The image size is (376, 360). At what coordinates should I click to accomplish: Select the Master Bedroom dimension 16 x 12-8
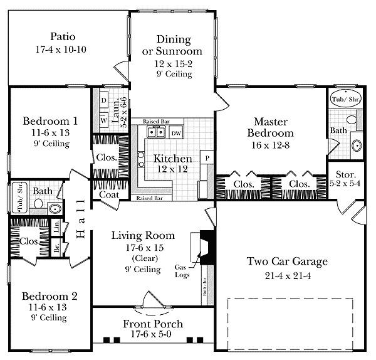(x=274, y=146)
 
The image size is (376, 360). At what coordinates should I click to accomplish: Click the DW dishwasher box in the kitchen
(x=176, y=133)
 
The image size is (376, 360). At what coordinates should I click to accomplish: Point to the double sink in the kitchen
(x=156, y=132)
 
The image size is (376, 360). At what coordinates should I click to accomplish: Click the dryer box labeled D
(x=103, y=100)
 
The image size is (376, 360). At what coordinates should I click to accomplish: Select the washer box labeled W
(x=103, y=117)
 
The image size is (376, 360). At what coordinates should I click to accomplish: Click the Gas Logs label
(x=183, y=271)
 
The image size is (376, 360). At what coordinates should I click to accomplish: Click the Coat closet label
(x=109, y=194)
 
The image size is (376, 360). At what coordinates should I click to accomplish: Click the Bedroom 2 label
(x=50, y=296)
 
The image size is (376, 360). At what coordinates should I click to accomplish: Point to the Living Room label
(x=144, y=236)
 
